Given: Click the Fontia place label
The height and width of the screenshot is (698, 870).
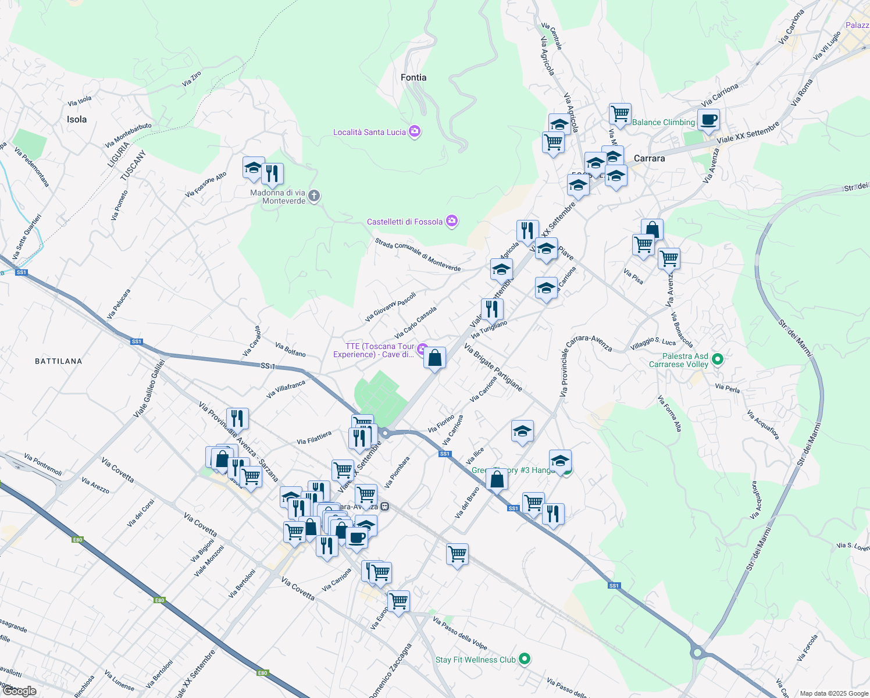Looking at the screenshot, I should point(413,77).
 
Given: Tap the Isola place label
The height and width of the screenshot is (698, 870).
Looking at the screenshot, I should point(77,119).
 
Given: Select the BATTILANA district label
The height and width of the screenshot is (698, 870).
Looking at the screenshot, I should point(59,361).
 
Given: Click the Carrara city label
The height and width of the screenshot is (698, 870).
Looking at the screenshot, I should point(649,158).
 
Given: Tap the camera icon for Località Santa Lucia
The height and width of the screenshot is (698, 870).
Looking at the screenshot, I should point(415,131).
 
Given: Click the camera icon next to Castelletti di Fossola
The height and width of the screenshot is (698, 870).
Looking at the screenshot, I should point(452,221).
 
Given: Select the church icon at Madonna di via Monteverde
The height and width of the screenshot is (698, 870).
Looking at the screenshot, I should point(314,195).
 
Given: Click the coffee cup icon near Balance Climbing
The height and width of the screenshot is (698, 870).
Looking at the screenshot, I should point(708,120).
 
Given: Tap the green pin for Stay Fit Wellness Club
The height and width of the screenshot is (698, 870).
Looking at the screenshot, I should point(525,659).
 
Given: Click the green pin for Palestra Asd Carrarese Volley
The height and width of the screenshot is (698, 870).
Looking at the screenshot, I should point(718,359).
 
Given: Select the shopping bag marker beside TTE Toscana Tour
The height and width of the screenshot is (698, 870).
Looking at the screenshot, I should point(435,358).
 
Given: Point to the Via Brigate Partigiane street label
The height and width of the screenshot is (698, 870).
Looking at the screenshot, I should point(493,367).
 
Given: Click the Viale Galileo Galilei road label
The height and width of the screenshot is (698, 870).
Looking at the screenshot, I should point(149,389).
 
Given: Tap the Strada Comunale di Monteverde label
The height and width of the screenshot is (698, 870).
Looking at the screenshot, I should point(418,255).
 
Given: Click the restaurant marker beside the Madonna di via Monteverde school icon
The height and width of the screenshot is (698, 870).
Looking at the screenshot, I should point(272,173).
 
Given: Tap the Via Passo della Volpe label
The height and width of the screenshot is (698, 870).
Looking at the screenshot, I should point(459,633).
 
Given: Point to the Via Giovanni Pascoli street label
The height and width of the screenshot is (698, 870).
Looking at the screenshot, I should point(390,307).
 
